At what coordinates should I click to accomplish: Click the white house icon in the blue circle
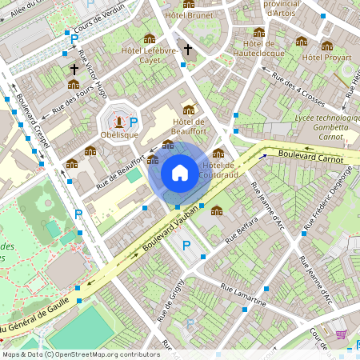pyautogui.click(x=179, y=172)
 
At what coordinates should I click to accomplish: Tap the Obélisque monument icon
pyautogui.click(x=119, y=122)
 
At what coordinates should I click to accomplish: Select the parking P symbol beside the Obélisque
pyautogui.click(x=134, y=122)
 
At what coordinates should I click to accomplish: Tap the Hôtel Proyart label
pyautogui.click(x=328, y=58)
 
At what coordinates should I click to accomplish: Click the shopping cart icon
pyautogui.click(x=342, y=334)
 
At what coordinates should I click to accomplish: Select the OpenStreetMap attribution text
pyautogui.click(x=81, y=354)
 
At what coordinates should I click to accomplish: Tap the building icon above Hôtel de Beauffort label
pyautogui.click(x=189, y=110)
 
